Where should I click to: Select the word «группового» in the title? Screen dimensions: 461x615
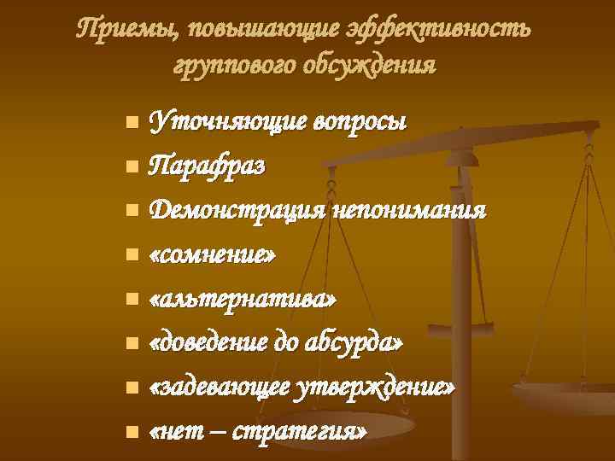pos(230,65)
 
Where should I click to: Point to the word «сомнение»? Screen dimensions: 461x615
pos(213,254)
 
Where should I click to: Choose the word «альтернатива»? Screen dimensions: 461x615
pos(243,299)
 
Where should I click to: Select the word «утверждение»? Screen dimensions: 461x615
pos(374,388)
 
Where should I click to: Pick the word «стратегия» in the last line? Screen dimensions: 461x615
pos(305,432)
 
